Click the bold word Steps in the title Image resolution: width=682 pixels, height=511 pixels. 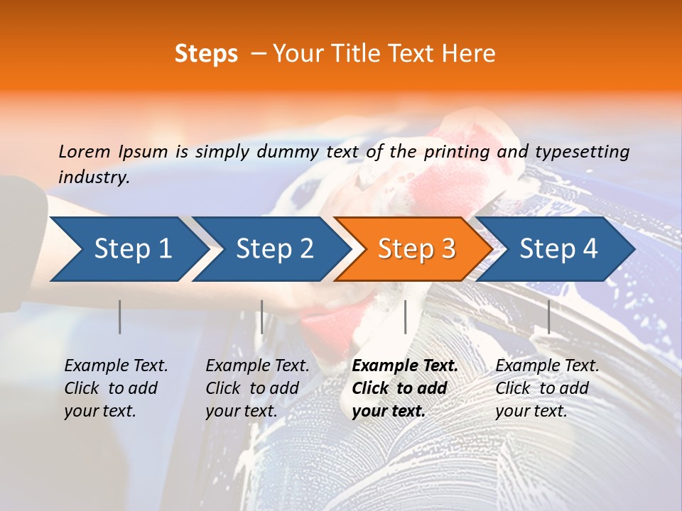coord(206,54)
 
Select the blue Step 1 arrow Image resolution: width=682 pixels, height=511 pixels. coord(128,248)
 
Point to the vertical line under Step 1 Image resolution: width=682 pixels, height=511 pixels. coord(120,317)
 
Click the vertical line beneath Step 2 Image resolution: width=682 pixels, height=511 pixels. coord(262,317)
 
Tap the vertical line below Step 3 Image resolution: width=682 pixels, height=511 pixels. coord(405,317)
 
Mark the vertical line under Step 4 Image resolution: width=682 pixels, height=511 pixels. coord(548,317)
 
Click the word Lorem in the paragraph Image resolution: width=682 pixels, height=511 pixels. coord(85,151)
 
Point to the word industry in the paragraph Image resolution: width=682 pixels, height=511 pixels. coord(94,177)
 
